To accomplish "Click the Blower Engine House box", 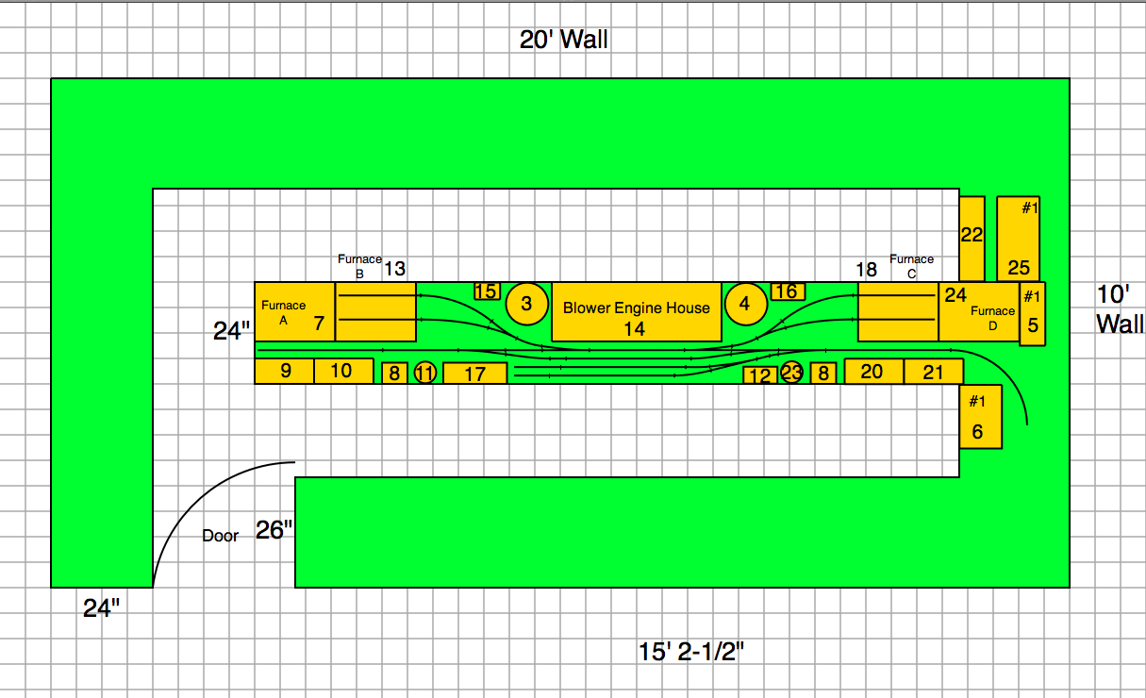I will click(636, 311).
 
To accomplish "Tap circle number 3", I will click(526, 303).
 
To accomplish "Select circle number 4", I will click(745, 304).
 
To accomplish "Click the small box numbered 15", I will click(487, 291).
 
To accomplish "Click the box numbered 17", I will click(475, 374).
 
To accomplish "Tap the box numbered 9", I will click(285, 371).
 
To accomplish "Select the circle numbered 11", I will click(425, 373).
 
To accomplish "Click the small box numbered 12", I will click(759, 375).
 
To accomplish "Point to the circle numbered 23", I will click(791, 373).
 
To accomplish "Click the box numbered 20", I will click(873, 371).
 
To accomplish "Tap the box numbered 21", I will click(933, 372).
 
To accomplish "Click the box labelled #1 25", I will click(1019, 238).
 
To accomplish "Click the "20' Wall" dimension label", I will click(563, 40).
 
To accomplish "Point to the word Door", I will click(221, 536).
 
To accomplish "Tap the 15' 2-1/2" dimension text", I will click(699, 651).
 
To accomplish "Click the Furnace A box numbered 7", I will click(295, 311).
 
